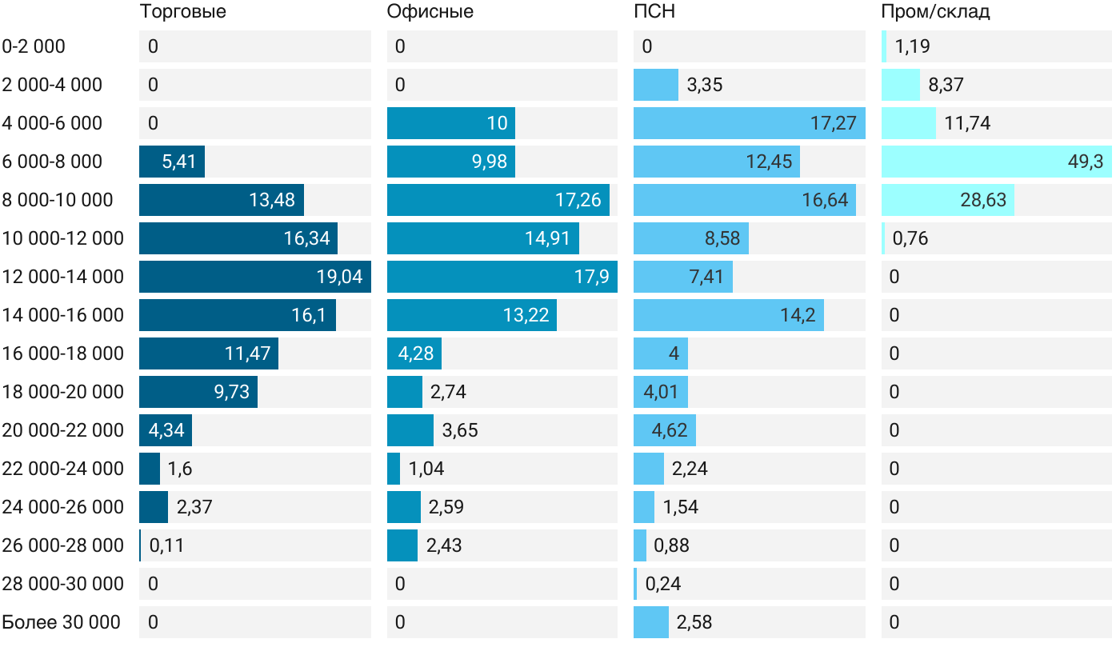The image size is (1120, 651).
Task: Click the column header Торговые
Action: [182, 12]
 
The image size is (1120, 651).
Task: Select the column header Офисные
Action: [430, 12]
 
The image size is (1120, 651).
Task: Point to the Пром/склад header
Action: [935, 12]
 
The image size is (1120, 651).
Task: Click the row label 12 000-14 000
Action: [63, 277]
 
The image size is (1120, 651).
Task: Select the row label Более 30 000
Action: [62, 622]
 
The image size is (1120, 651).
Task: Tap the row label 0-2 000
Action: [34, 46]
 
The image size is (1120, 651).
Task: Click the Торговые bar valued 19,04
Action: [254, 277]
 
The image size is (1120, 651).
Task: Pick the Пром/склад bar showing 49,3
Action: [995, 162]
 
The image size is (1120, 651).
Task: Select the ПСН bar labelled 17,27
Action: [749, 123]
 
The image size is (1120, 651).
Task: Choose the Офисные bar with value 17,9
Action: [502, 277]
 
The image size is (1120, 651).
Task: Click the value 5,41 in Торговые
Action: [179, 162]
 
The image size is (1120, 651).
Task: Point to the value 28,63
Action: [983, 200]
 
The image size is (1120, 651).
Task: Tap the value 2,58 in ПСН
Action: [694, 622]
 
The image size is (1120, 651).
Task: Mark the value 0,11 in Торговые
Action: [166, 545]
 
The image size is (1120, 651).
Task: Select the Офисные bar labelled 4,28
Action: [414, 353]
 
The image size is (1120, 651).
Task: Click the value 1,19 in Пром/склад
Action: [912, 46]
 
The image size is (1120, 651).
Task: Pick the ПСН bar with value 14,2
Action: [728, 315]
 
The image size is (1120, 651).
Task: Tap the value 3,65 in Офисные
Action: [460, 430]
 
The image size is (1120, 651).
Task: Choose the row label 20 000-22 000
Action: [63, 430]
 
